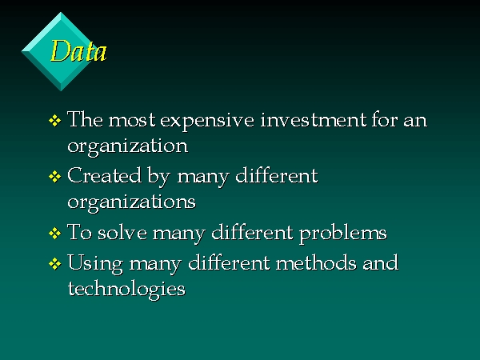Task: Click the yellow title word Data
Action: pos(78,51)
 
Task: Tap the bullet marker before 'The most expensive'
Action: pos(54,120)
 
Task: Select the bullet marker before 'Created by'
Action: pos(54,177)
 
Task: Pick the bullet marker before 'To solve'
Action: pos(54,234)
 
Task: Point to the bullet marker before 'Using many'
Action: pos(54,263)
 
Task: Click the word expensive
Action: pos(207,121)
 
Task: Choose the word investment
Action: pos(313,119)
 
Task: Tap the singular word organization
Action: pos(127,146)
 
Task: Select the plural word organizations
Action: pos(131,202)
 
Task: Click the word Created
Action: pos(104,175)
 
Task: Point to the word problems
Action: pos(343,234)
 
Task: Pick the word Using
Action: pos(95,264)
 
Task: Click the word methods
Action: pos(316,262)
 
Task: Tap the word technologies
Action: pos(126,290)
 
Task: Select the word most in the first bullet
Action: pos(132,120)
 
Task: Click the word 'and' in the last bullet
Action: pos(381,262)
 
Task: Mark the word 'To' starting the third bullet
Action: pos(79,232)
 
